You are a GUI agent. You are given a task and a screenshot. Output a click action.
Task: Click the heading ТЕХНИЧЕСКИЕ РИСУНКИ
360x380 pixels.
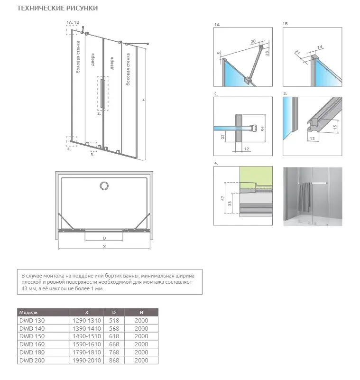pyautogui.click(x=58, y=9)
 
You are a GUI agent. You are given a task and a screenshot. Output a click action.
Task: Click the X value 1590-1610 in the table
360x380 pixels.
pyautogui.click(x=86, y=344)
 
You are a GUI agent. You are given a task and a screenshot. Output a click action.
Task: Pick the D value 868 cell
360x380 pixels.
pyautogui.click(x=114, y=361)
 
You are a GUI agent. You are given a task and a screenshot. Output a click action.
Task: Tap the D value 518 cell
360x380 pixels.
pyautogui.click(x=114, y=321)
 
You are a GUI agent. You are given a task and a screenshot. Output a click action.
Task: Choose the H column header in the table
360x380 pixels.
pyautogui.click(x=141, y=313)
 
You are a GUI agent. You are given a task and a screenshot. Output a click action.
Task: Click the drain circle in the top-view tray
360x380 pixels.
pyautogui.click(x=103, y=185)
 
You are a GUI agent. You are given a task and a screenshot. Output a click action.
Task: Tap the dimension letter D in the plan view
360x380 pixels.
pyautogui.click(x=104, y=237)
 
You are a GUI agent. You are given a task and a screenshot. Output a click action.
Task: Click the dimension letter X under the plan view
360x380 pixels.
pyautogui.click(x=104, y=246)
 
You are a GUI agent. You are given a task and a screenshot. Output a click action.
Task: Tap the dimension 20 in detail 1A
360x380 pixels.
pyautogui.click(x=254, y=41)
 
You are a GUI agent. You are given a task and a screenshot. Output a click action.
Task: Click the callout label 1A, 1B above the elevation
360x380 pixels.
pyautogui.click(x=74, y=22)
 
